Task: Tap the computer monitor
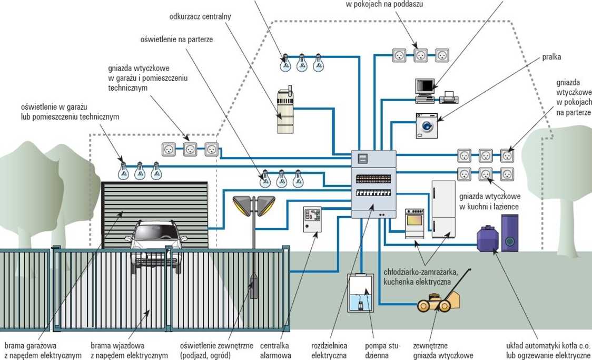point(425,87)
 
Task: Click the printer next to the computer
point(449,98)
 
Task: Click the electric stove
point(415,223)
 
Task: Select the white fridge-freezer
point(443,209)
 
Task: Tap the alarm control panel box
point(313,219)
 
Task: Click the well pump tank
point(361,293)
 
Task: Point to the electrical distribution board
point(374,184)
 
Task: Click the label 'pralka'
point(551,57)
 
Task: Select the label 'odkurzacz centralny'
point(200,16)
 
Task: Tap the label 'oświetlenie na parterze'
point(176,40)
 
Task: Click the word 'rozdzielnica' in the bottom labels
point(329,346)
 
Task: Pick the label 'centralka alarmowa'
point(275,351)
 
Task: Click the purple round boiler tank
point(488,238)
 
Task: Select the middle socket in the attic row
point(421,55)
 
